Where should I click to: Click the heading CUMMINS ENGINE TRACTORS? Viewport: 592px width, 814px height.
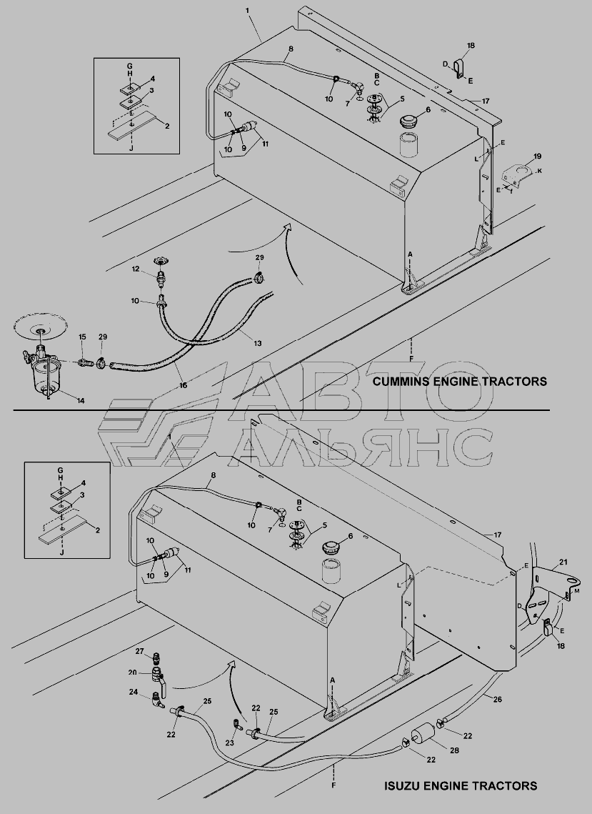pyautogui.click(x=460, y=382)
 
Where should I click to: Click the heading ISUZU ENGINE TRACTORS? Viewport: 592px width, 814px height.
pyautogui.click(x=461, y=785)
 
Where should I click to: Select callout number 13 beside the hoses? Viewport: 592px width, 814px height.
pyautogui.click(x=258, y=343)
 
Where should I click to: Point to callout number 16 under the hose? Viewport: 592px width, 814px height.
pyautogui.click(x=183, y=385)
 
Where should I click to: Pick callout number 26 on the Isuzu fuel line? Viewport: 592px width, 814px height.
pyautogui.click(x=497, y=699)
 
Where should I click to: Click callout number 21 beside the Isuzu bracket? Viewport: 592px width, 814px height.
pyautogui.click(x=563, y=562)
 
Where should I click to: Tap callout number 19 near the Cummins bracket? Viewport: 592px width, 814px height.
pyautogui.click(x=537, y=156)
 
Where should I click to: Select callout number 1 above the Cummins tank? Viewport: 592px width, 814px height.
pyautogui.click(x=248, y=11)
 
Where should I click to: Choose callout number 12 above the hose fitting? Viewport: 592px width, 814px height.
pyautogui.click(x=136, y=269)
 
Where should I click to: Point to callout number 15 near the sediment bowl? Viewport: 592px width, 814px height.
pyautogui.click(x=82, y=337)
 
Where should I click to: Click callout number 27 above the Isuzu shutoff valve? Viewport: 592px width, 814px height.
pyautogui.click(x=139, y=651)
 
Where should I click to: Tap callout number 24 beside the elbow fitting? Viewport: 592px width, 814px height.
pyautogui.click(x=134, y=692)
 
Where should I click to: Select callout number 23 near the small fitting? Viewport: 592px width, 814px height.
pyautogui.click(x=230, y=743)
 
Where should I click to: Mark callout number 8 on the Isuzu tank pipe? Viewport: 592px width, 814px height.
pyautogui.click(x=214, y=475)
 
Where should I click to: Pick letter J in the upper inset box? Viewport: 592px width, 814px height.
pyautogui.click(x=131, y=149)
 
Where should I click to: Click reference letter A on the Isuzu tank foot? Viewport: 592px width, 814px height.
pyautogui.click(x=331, y=680)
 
